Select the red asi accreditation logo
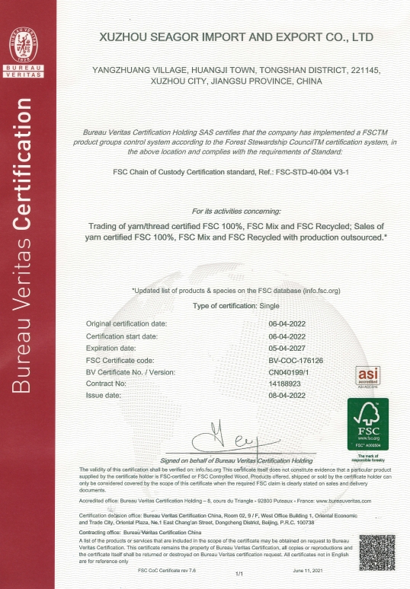368,376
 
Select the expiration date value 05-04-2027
287,347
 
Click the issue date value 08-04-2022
287,396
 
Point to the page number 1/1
239,572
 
